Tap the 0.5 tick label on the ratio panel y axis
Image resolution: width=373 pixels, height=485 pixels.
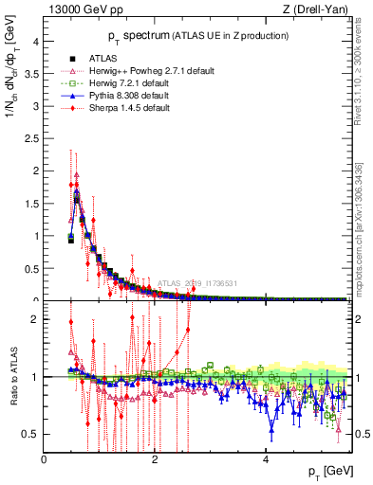[x=31, y=434]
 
